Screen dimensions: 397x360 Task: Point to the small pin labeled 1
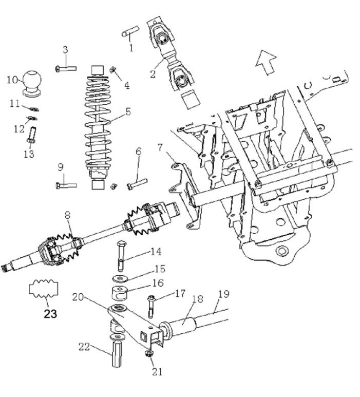[128, 33]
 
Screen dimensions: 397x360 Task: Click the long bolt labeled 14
[121, 255]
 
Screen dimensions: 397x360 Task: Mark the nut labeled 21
[149, 354]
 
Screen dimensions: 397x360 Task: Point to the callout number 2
[153, 73]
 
